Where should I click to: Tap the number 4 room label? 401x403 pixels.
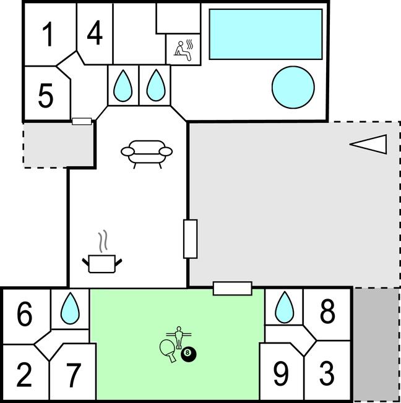point(94,33)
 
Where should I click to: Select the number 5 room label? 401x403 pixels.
point(45,96)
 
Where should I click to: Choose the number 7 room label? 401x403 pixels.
point(73,375)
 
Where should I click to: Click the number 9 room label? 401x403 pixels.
point(281,375)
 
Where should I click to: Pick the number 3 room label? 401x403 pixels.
point(326,375)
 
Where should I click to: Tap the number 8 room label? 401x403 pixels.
point(327,313)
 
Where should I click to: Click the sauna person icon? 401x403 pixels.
point(183,49)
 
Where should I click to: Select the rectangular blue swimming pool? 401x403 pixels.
point(266,34)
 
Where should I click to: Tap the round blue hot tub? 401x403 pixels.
point(292,85)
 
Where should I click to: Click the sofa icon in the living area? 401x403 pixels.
point(147,152)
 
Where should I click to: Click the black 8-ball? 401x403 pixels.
point(189,355)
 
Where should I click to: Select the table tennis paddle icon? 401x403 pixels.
point(167,348)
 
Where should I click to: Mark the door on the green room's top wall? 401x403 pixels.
point(232,288)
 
